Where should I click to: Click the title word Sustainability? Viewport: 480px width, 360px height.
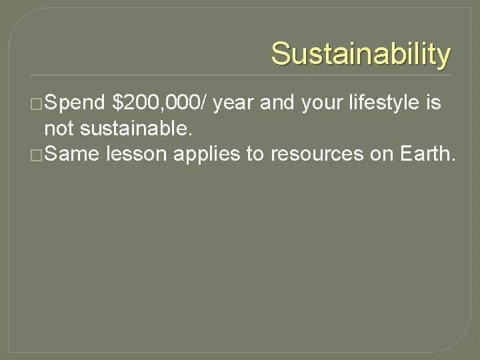(x=361, y=53)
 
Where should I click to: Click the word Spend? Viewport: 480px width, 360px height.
(x=75, y=103)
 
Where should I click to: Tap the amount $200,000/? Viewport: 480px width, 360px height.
(x=160, y=103)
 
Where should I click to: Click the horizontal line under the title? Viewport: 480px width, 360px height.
(x=240, y=75)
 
